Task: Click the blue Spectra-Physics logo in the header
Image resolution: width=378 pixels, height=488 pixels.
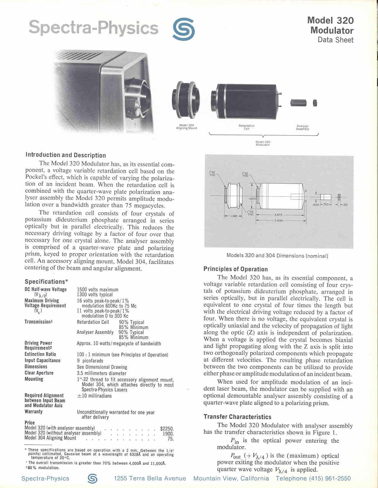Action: pos(184,29)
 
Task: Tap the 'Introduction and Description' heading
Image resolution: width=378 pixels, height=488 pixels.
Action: pos(66,155)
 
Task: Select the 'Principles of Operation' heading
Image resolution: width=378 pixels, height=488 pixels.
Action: pos(236,269)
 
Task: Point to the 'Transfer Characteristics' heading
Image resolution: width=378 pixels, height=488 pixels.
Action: pos(237,417)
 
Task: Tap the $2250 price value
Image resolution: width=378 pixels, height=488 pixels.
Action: pos(167,429)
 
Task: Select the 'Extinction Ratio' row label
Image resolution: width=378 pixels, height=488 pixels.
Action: pos(40,354)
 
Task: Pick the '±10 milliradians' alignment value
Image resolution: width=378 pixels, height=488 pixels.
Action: pos(94,396)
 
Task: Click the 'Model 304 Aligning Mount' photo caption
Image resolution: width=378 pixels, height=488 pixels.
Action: pos(187,127)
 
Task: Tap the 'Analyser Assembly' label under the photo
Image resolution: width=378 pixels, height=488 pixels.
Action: pos(303,128)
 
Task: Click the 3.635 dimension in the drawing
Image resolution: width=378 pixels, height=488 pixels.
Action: pos(279,221)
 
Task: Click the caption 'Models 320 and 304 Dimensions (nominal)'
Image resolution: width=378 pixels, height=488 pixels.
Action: pos(277,256)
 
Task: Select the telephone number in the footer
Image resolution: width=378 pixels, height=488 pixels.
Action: pos(313,478)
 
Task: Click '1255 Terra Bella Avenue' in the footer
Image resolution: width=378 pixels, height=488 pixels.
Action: pos(150,478)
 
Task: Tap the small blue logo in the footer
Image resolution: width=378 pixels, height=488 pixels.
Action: pos(92,478)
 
